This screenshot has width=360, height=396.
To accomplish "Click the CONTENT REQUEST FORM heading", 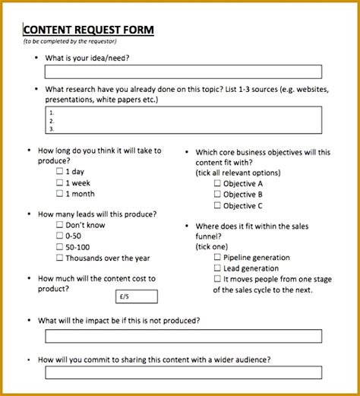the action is click(89, 30).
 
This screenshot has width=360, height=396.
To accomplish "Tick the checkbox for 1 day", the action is click(60, 172).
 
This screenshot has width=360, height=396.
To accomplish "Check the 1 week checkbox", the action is click(60, 183).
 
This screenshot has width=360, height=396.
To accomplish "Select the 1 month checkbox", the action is click(60, 195).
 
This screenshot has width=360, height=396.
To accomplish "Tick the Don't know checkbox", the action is click(60, 225).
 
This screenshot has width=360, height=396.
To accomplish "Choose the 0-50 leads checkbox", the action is click(60, 236).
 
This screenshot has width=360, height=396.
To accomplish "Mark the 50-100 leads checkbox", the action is click(60, 247).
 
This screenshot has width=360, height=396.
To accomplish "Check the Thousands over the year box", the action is click(60, 258).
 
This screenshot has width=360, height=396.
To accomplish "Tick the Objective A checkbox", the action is click(218, 183).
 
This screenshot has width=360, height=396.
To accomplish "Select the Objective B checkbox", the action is click(218, 195).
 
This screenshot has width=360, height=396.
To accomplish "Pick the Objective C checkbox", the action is click(218, 205).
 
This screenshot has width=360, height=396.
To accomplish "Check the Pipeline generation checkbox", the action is click(218, 258).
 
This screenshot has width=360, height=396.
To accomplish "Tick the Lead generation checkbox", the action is click(218, 268).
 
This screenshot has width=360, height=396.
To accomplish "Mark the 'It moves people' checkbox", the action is click(218, 279).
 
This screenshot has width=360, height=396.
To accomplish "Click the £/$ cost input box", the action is click(136, 296).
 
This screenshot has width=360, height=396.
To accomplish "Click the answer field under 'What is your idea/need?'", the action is click(183, 72).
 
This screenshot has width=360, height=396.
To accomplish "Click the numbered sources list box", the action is click(183, 120).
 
